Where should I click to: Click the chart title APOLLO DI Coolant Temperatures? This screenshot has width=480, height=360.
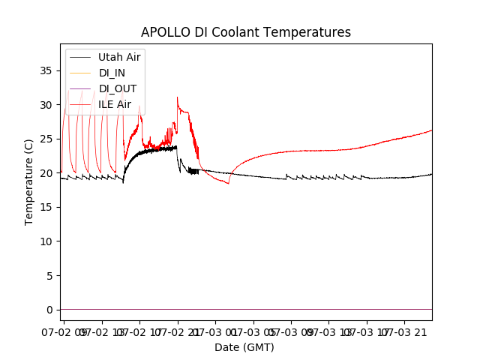[x=246, y=32]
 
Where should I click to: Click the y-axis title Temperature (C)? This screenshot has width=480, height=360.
[x=29, y=182]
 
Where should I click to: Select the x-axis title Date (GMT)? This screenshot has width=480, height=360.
[x=244, y=347]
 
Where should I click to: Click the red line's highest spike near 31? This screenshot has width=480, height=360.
[x=177, y=97]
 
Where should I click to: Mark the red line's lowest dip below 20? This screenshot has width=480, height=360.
[x=229, y=183]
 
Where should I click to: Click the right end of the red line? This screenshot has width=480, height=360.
[x=431, y=130]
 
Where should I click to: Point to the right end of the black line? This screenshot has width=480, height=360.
[x=431, y=174]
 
